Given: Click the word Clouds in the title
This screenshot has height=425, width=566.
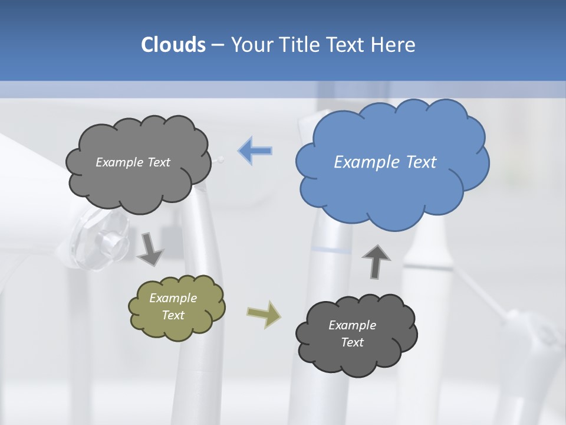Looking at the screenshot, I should pyautogui.click(x=173, y=45).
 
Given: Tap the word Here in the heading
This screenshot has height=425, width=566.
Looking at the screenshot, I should pyautogui.click(x=393, y=45).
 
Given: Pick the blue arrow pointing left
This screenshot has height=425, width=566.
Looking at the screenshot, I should pyautogui.click(x=255, y=151).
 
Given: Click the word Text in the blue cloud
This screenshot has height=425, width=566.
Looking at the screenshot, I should pyautogui.click(x=421, y=162).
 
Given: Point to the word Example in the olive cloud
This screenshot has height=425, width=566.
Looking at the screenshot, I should pyautogui.click(x=173, y=298).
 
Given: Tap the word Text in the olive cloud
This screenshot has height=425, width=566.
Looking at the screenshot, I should pyautogui.click(x=173, y=315).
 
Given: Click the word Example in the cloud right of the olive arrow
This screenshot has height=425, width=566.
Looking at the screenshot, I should pyautogui.click(x=353, y=325).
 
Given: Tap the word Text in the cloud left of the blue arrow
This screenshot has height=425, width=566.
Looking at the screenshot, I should pyautogui.click(x=157, y=162).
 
